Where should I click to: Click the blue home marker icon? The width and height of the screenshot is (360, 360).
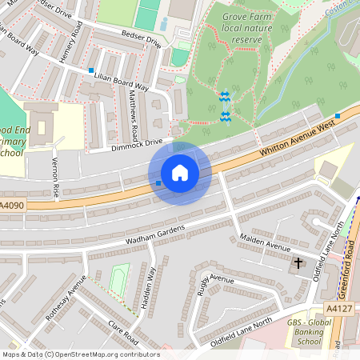(180, 173)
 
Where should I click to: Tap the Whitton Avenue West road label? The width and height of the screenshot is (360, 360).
(291, 138)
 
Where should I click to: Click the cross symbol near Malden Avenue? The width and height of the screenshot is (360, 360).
(298, 262)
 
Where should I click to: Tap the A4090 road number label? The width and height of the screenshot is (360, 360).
(13, 206)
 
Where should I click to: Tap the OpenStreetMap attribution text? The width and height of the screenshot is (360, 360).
(80, 354)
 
